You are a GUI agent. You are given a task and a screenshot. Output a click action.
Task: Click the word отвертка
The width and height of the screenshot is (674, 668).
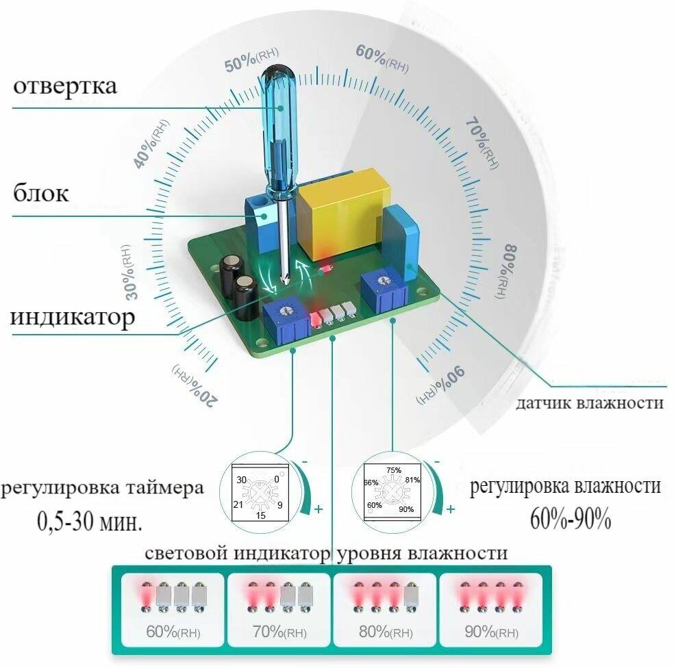click(65, 87)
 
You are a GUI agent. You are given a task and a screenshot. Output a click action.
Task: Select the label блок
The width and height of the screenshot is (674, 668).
click(41, 194)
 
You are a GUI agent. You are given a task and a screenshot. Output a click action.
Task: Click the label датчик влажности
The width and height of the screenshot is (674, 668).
click(590, 403)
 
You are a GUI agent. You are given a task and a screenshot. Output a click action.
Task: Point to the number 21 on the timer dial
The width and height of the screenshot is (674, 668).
click(238, 504)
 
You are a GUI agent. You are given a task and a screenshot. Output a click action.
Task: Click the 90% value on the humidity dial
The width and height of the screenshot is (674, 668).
click(406, 509)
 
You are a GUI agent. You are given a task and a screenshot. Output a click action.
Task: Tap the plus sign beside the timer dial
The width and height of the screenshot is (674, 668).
click(317, 510)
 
